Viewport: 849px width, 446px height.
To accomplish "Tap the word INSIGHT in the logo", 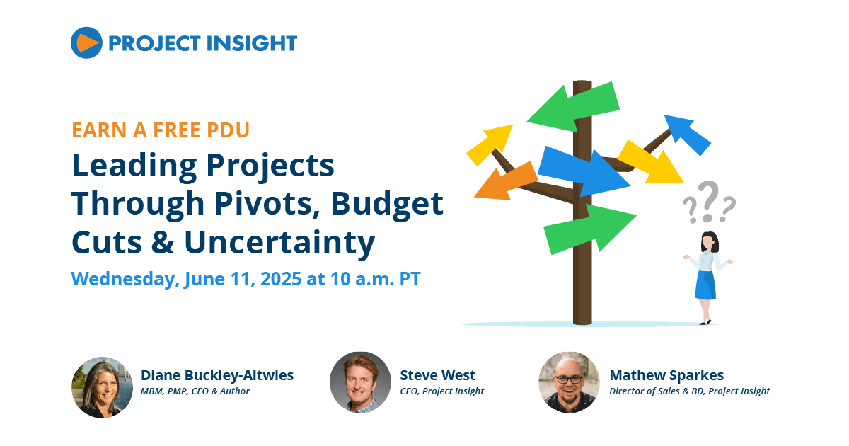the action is (252, 43).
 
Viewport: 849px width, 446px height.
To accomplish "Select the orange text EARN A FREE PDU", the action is (161, 130).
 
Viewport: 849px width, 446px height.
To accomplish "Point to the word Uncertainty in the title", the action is (279, 243).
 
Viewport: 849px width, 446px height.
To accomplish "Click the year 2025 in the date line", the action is (281, 279).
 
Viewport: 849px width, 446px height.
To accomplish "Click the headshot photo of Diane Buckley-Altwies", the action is (103, 387).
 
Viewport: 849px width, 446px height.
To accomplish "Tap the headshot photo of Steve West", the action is (360, 382).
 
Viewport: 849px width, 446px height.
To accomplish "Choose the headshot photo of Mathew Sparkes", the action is (570, 382).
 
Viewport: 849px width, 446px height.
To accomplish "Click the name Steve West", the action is (438, 375).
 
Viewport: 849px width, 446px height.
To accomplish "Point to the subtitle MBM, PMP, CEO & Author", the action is (195, 391).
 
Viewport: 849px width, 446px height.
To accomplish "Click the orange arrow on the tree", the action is (506, 182).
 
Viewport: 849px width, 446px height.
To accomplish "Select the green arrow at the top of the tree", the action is (574, 108).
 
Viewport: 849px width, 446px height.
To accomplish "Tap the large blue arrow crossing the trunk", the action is (584, 171).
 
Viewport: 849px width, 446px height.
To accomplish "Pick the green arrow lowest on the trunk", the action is (590, 229).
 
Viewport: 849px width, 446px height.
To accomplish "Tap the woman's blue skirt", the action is (705, 285).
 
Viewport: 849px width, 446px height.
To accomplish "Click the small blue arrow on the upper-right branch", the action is (688, 135).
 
